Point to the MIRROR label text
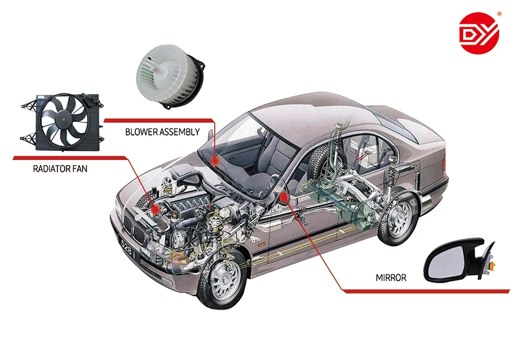(391, 278)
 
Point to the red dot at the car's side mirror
(283, 194)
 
